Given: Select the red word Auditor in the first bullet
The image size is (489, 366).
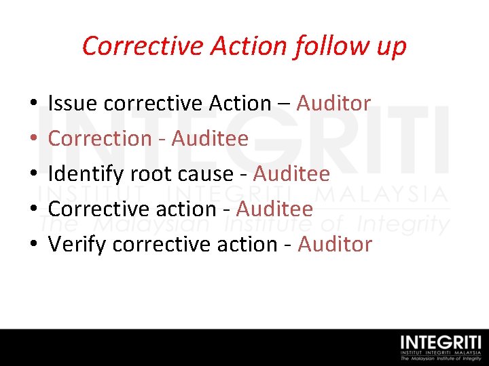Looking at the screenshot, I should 333,103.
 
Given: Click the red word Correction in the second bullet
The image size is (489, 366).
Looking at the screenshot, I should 100,138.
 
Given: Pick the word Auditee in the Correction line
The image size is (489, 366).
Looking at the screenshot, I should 210,138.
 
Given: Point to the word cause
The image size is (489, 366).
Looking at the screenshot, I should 204,174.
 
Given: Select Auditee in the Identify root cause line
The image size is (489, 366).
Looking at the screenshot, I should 291,174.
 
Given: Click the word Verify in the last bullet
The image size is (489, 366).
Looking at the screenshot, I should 77,244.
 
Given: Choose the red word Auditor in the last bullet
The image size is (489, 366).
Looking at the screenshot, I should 335,244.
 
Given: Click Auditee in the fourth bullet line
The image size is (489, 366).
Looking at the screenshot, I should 274,209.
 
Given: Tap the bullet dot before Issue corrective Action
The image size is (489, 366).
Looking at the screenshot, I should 33,104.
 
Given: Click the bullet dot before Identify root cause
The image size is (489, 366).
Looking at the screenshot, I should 33,175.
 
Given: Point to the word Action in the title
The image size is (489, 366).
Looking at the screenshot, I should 249,46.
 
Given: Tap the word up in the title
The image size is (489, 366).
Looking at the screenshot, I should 391,46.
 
